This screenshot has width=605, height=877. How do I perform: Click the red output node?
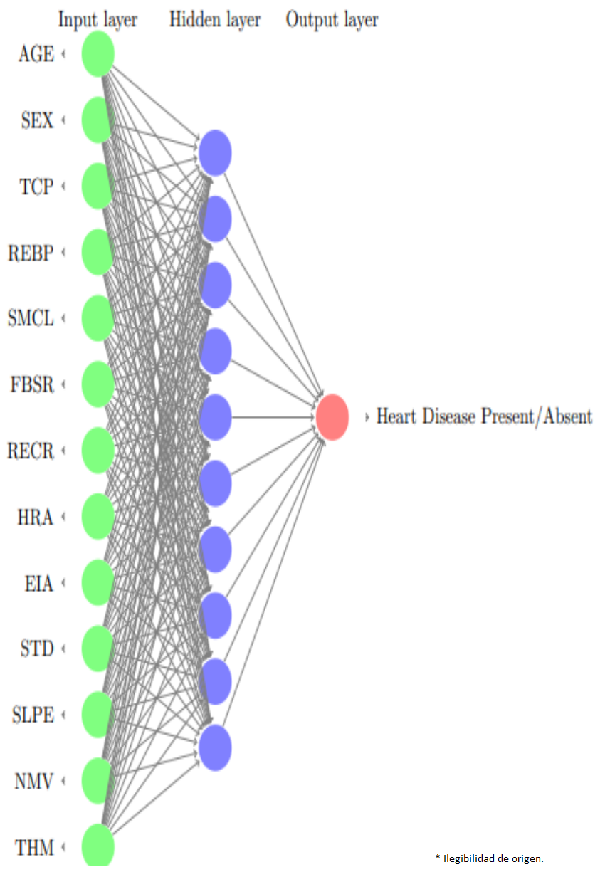click(332, 417)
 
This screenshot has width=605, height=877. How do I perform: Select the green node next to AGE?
click(98, 54)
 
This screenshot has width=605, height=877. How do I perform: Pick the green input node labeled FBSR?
click(98, 384)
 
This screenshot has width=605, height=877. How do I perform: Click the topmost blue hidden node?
click(215, 152)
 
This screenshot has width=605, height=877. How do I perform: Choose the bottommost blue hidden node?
click(215, 747)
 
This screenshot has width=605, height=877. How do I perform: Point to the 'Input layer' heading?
click(98, 19)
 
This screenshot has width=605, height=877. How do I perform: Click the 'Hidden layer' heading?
click(215, 19)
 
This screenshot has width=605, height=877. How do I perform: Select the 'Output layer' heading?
click(332, 19)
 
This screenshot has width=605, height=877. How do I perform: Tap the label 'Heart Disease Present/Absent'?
click(484, 416)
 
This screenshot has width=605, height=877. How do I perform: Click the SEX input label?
click(38, 121)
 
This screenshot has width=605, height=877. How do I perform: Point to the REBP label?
click(31, 253)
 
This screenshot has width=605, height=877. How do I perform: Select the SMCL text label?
click(31, 318)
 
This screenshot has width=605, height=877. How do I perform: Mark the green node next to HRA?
click(98, 517)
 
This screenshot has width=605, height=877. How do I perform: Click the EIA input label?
click(38, 584)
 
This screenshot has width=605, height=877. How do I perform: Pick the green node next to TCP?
click(98, 187)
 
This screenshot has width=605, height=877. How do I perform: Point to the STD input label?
click(38, 649)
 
